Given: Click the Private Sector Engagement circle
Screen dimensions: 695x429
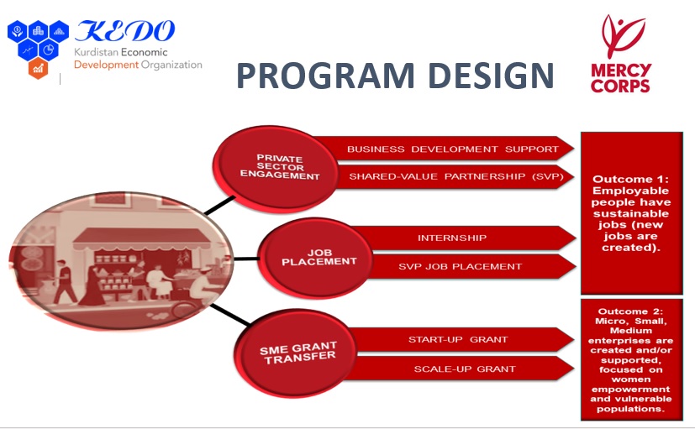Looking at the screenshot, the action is pos(276,167).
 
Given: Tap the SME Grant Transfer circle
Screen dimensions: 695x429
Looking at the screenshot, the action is pos(295,353).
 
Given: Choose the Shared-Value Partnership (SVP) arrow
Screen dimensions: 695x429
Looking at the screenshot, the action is pos(455,176).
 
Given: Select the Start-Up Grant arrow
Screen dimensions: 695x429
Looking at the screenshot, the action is pos(461,339).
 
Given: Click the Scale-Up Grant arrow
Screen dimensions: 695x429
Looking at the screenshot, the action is pos(461,369).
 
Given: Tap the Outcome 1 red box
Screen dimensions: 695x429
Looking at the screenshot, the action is pos(632,213).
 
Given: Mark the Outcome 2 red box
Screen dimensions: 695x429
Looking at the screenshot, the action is pos(632,359).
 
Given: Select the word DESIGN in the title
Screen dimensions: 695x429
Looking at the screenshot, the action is pos(492,76).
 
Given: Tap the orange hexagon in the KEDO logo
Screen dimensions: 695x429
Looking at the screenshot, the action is pos(38,68).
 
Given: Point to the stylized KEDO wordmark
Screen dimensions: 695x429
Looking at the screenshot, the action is pos(124,31).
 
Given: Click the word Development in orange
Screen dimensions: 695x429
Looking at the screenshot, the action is pos(107,65).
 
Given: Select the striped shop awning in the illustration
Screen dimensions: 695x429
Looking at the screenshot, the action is pos(142,239).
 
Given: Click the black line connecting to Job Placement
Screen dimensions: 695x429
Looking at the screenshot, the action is pos(246,259).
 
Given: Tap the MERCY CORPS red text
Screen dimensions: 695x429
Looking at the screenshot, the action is pos(620,78).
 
